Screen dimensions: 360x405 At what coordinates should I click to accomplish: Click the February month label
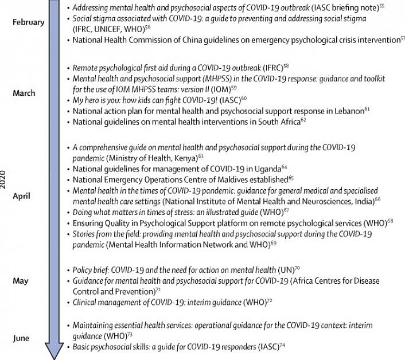pyautogui.click(x=28, y=22)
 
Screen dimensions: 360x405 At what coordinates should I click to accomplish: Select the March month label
pyautogui.click(x=24, y=93)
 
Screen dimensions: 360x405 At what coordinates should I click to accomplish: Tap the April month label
pyautogui.click(x=22, y=195)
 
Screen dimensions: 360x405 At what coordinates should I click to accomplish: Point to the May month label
pyautogui.click(x=21, y=281)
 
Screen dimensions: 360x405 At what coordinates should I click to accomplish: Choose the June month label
pyautogui.click(x=21, y=338)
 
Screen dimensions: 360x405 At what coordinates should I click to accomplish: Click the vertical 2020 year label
pyautogui.click(x=5, y=179)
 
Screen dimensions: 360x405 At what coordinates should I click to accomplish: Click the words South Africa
pyautogui.click(x=275, y=122)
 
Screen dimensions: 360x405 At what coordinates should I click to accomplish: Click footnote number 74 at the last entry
pyautogui.click(x=282, y=346)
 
